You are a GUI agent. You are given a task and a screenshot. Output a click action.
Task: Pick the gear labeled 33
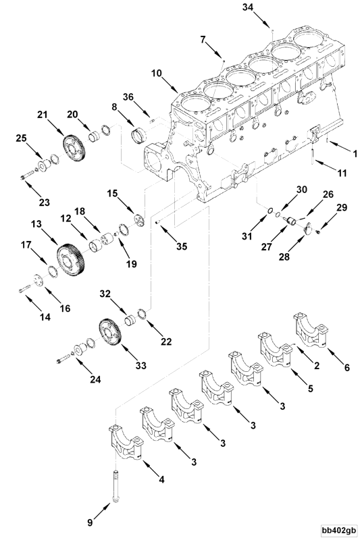tap(108, 333)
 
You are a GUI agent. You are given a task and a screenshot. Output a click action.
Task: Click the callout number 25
tap(22, 138)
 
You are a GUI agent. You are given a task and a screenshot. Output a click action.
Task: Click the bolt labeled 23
tap(28, 177)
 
